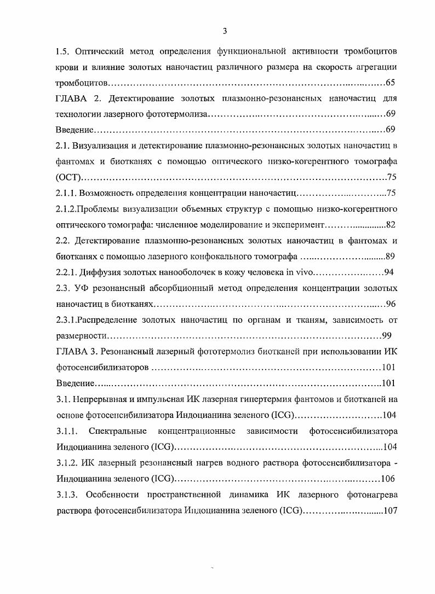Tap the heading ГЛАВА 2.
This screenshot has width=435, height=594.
78,99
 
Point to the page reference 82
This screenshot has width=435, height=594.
390,225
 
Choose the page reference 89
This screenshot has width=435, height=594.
390,257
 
